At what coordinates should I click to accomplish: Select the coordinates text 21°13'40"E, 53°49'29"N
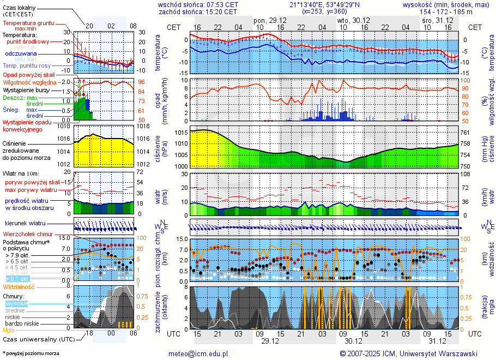point(325,4)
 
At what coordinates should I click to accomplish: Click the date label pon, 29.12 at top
point(270,20)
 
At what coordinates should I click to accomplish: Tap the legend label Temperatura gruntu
point(28,23)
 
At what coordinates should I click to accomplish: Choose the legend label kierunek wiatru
point(25,223)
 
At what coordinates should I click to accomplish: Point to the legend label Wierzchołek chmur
point(27,234)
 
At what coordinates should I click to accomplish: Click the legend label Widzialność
point(19,286)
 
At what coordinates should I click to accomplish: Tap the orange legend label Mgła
point(9,330)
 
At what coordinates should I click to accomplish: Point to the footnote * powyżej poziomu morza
point(31,353)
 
